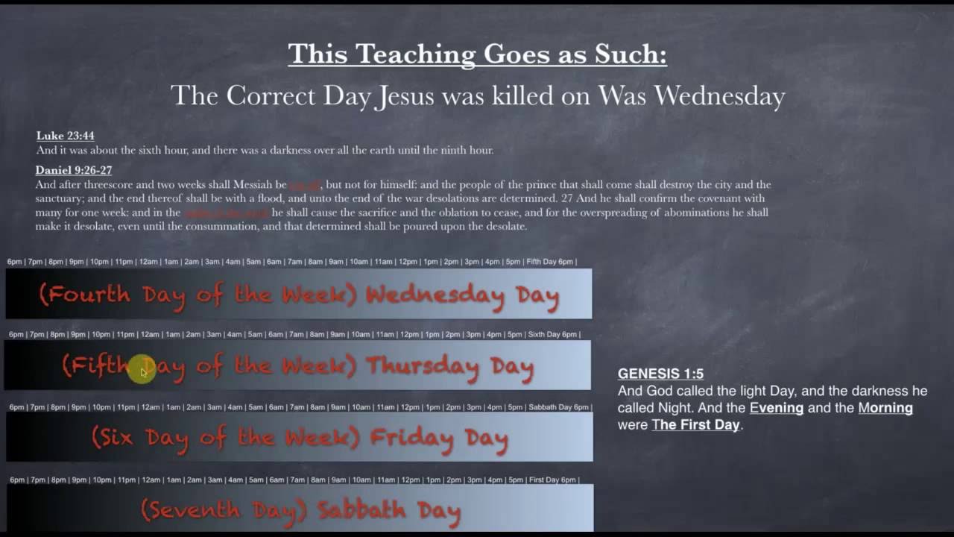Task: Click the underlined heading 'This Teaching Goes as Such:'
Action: click(477, 54)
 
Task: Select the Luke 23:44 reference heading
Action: click(66, 136)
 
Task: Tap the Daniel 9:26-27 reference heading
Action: click(74, 170)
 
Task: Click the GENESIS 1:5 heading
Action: click(660, 374)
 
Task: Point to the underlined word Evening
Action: click(776, 408)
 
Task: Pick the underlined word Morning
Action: click(885, 408)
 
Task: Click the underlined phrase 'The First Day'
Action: click(695, 425)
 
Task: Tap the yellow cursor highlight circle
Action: click(142, 370)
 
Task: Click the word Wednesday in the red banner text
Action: click(435, 295)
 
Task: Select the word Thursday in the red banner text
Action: click(423, 367)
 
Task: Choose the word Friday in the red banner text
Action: click(411, 439)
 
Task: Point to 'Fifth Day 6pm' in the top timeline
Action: click(550, 262)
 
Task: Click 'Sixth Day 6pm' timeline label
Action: click(552, 334)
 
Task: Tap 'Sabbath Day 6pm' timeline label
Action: click(558, 407)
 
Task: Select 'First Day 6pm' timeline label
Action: click(552, 480)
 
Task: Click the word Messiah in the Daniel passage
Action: click(253, 185)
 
